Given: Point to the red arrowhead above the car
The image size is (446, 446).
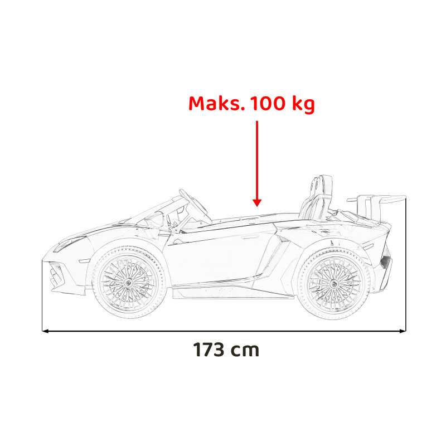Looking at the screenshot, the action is pyautogui.click(x=257, y=202).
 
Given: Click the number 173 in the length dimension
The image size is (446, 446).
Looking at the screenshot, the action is pyautogui.click(x=209, y=350).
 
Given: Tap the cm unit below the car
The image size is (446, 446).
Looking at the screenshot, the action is pyautogui.click(x=245, y=351).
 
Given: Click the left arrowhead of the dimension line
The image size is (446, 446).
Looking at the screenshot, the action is pyautogui.click(x=45, y=331).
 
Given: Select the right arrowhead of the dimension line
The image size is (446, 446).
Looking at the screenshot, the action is pyautogui.click(x=403, y=331).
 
